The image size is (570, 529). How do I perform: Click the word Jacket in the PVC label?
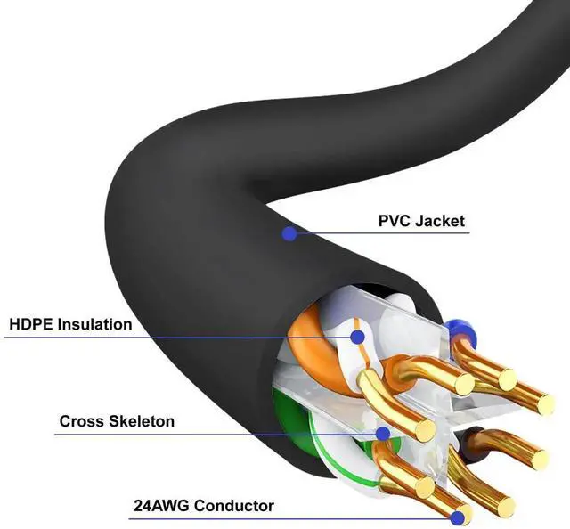point(436,221)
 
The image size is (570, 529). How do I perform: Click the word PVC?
point(393,221)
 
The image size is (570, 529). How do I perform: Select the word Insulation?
point(94,324)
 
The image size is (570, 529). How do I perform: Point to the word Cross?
point(81,420)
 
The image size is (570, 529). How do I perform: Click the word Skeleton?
point(141,420)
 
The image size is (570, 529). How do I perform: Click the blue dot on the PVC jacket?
point(289,234)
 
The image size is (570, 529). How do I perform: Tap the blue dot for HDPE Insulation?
point(357,337)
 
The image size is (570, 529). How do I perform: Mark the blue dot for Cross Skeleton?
point(383,434)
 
